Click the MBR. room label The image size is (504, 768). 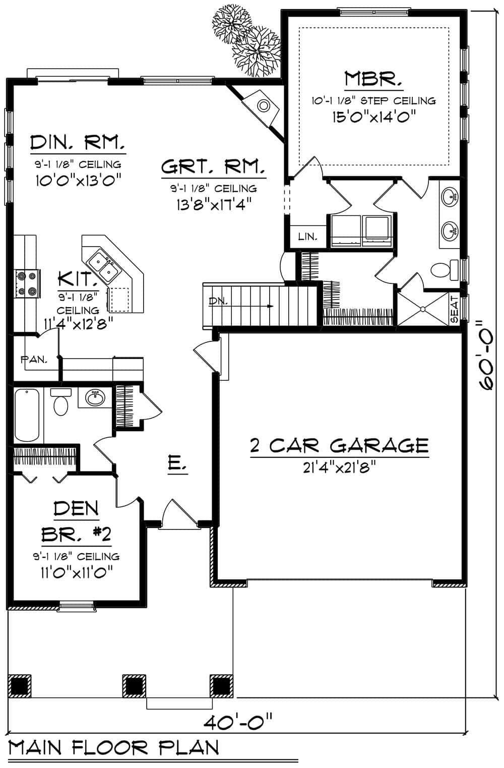tap(373, 80)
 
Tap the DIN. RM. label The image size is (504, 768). tap(78, 143)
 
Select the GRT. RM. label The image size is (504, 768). tap(213, 167)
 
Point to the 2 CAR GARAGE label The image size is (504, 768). tap(339, 446)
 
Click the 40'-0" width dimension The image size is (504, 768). tap(238, 722)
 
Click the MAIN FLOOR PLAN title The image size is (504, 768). tap(114, 747)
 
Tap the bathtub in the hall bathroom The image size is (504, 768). tap(27, 415)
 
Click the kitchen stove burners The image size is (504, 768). tap(27, 283)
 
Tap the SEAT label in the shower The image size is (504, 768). tap(454, 309)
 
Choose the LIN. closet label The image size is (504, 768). tap(307, 236)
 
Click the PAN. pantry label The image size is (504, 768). tap(34, 360)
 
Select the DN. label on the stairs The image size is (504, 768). tap(218, 302)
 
